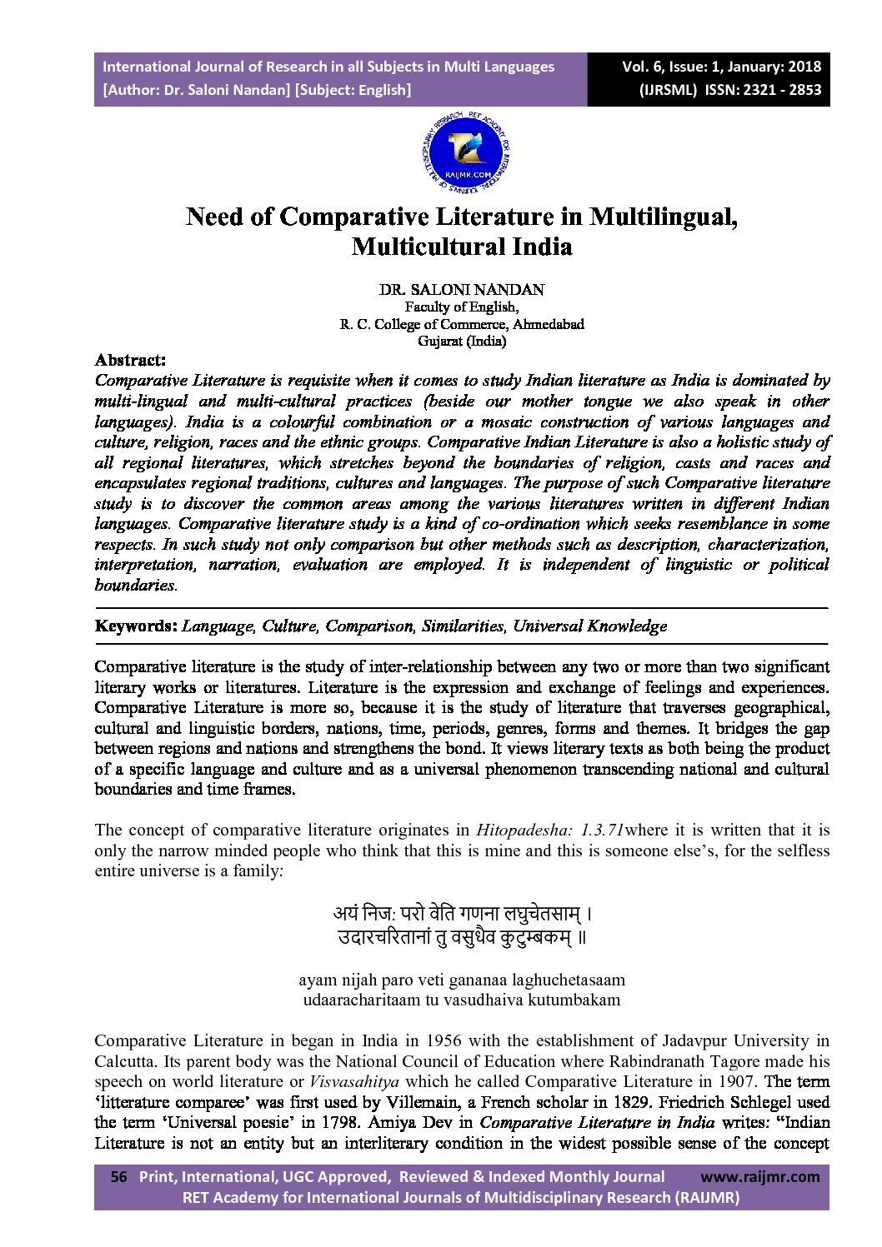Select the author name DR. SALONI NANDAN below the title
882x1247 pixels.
click(x=461, y=290)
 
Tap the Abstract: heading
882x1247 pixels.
click(x=130, y=360)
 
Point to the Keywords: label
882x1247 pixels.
click(x=136, y=626)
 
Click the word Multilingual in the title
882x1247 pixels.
click(x=663, y=217)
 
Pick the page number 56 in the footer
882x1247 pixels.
click(x=119, y=1177)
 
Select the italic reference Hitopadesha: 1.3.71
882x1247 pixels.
click(x=550, y=830)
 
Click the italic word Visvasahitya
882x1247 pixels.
click(x=342, y=1081)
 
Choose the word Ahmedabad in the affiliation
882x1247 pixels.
click(x=548, y=324)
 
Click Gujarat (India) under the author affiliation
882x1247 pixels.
click(x=461, y=340)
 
